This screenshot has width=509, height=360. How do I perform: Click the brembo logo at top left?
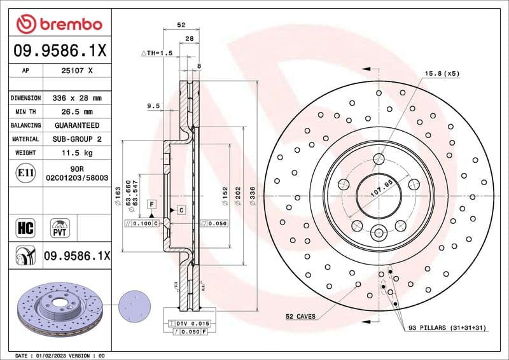pos(59,24)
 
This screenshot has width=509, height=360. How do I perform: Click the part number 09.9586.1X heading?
pos(59,48)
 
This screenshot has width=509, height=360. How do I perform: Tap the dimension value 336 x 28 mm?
pos(76,98)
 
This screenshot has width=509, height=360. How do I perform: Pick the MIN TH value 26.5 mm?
pos(76,112)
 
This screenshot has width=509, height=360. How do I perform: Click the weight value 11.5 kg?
pos(76,153)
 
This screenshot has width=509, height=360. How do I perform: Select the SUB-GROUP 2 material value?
pos(76,139)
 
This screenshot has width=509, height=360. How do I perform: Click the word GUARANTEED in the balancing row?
pos(76,125)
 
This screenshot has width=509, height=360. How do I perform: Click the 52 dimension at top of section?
pos(181,25)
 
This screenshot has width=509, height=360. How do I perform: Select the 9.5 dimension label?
pos(152,106)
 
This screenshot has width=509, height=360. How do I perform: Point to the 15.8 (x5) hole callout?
pos(442,74)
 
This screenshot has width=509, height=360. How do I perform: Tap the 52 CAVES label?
pos(299,316)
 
